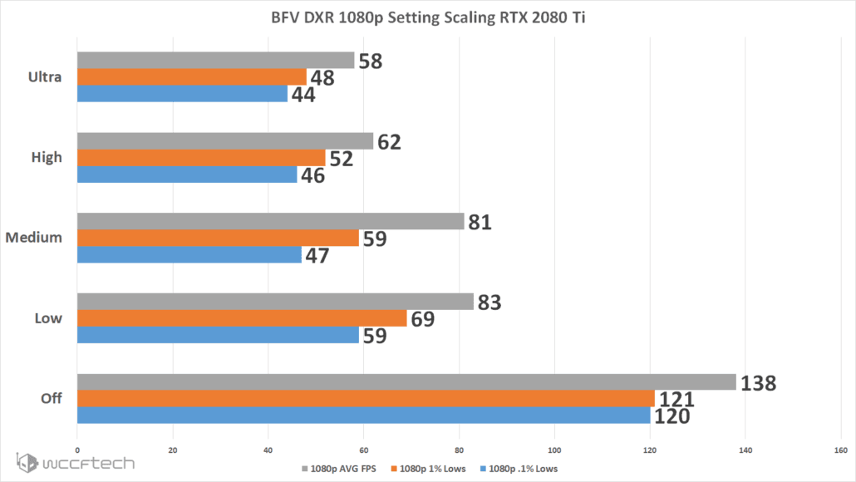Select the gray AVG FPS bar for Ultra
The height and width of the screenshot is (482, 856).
coord(216,61)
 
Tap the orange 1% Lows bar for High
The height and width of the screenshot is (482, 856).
coord(201,158)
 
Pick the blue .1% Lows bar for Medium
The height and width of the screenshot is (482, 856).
coord(189,255)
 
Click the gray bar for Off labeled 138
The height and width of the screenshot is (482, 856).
coord(406,382)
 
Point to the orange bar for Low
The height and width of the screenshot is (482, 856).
coord(242,318)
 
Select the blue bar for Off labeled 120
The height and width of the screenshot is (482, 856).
coord(363,416)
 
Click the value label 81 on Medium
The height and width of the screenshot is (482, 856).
coord(480,222)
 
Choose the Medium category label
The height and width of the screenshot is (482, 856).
coord(34,238)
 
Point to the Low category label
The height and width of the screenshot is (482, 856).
coord(48,318)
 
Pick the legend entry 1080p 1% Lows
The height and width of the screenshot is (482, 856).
coord(430,469)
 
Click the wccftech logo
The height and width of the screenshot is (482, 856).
coord(75,462)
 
